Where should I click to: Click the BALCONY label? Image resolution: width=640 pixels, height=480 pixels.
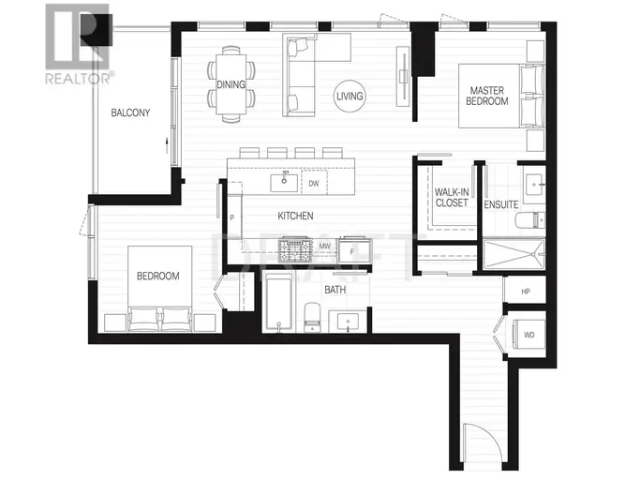click(130, 112)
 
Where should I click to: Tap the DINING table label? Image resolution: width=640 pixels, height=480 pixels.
click(231, 84)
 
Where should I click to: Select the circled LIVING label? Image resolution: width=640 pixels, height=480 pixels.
click(350, 96)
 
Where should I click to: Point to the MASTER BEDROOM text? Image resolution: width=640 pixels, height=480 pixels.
click(487, 96)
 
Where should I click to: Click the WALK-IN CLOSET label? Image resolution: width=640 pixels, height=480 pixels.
click(452, 197)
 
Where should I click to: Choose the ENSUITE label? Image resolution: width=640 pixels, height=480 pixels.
click(501, 204)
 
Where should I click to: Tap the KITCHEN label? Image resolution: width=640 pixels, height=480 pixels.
click(295, 216)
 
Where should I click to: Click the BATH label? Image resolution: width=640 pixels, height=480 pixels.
click(335, 290)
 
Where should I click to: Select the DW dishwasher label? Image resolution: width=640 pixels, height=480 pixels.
click(314, 184)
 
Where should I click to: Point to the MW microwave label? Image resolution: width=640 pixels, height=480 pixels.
click(324, 247)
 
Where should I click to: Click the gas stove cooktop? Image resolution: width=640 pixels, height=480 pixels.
click(295, 250)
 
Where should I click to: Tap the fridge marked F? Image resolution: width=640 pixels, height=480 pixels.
click(354, 251)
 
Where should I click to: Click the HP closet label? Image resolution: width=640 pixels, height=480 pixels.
click(526, 292)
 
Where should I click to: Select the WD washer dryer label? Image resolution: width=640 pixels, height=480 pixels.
click(529, 335)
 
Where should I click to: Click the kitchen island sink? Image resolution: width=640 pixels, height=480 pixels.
click(284, 182)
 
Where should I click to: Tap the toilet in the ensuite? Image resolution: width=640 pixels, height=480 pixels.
click(529, 220)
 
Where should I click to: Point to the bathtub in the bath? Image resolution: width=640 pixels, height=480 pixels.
click(279, 302)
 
